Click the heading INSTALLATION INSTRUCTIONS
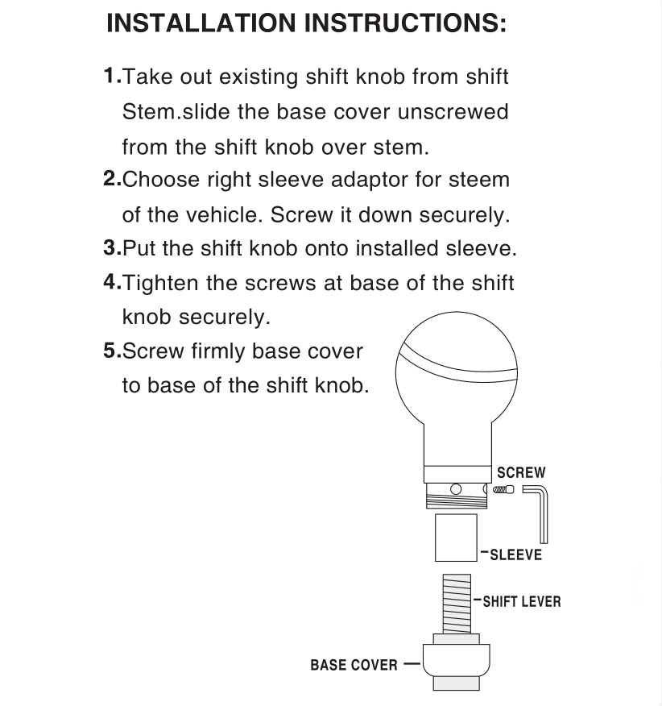coord(306,23)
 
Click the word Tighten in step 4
coord(165,283)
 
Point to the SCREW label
coord(521,473)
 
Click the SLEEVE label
coord(515,555)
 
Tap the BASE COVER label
coord(354,666)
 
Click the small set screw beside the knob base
coord(504,490)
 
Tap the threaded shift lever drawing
coord(457,603)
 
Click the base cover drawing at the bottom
coord(456,659)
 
